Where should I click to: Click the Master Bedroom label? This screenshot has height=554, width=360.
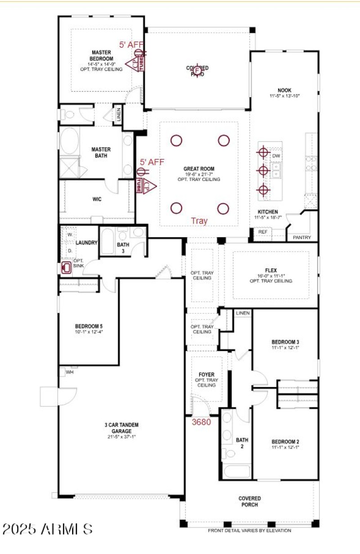pyautogui.click(x=101, y=55)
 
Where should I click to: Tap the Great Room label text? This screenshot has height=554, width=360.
pyautogui.click(x=198, y=169)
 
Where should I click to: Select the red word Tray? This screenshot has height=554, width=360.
pyautogui.click(x=199, y=221)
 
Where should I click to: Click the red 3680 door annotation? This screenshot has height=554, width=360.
pyautogui.click(x=202, y=422)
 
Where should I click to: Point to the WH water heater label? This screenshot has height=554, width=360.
pyautogui.click(x=70, y=372)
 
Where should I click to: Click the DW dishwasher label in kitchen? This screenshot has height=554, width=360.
pyautogui.click(x=276, y=155)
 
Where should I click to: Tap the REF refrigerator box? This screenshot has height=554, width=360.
pyautogui.click(x=262, y=232)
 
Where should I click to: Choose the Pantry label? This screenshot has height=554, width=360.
pyautogui.click(x=302, y=237)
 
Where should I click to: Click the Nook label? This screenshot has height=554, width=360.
pyautogui.click(x=284, y=90)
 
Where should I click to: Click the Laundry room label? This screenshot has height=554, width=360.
pyautogui.click(x=86, y=243)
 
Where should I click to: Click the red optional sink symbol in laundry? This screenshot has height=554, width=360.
pyautogui.click(x=67, y=268)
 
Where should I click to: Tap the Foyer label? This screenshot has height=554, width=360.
pyautogui.click(x=206, y=374)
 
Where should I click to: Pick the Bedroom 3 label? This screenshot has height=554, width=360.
pyautogui.click(x=285, y=342)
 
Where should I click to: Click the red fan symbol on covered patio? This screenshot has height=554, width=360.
pyautogui.click(x=198, y=69)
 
